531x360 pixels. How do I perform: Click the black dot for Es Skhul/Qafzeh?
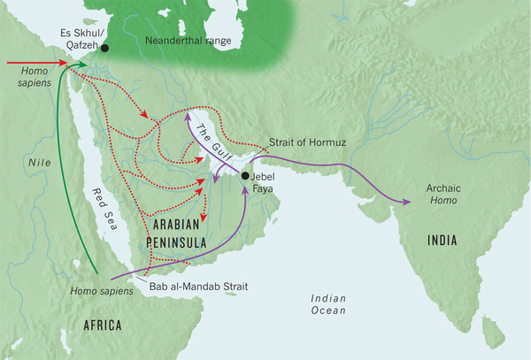tap(104, 49)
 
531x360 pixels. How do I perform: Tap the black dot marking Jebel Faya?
tap(245, 175)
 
